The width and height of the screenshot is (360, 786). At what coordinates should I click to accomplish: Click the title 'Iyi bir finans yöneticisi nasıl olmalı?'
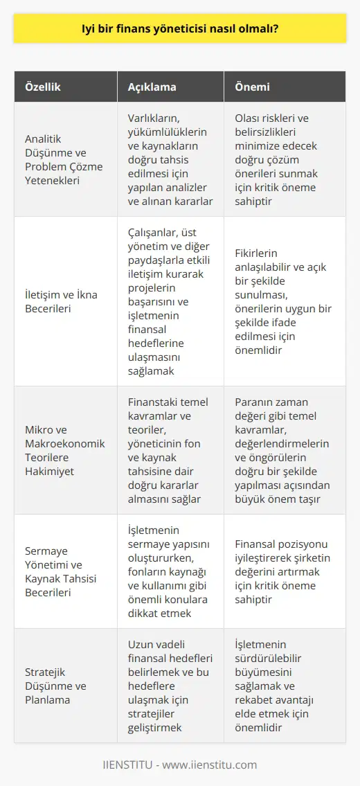180,31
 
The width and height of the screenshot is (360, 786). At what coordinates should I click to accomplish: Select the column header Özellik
44,88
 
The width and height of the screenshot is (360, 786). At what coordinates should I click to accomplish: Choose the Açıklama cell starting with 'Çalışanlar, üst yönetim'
170,302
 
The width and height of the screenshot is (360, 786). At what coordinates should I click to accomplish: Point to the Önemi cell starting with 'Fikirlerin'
284,302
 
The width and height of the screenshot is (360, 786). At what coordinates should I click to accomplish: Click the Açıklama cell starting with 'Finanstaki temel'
170,450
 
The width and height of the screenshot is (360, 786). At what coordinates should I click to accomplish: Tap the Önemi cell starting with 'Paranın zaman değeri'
284,450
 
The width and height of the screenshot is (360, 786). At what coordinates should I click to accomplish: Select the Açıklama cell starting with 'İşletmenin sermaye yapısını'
170,571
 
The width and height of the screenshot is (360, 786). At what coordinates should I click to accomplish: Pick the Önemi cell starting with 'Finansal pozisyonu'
284,571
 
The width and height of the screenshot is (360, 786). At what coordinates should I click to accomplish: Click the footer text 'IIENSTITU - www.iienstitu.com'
180,765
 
